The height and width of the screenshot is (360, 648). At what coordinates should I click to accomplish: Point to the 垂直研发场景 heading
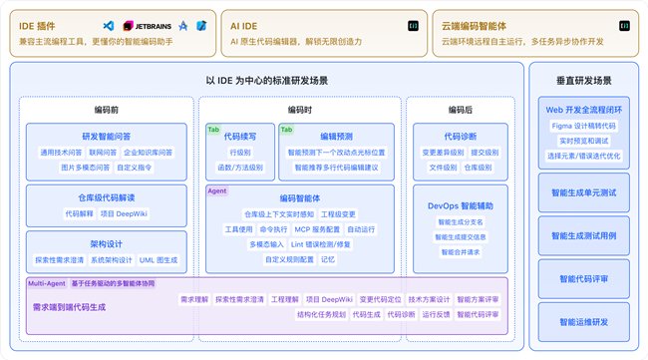(583, 79)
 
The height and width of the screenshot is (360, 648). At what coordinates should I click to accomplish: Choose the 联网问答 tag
(102, 153)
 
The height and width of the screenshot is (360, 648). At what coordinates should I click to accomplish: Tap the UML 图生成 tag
(159, 260)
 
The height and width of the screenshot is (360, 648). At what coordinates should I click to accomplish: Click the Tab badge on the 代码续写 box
(213, 130)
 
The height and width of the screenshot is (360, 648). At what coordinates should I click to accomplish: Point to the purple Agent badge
(217, 189)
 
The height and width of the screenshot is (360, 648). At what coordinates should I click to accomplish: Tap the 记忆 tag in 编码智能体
(328, 259)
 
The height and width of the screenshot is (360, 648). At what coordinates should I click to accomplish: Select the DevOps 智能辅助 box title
(460, 205)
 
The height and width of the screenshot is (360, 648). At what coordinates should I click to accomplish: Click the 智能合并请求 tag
(460, 252)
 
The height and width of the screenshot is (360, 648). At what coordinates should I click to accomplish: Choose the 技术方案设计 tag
(424, 299)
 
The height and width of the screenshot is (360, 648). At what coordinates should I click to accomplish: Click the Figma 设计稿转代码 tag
(582, 127)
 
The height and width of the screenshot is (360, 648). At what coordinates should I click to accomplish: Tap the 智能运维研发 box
(582, 322)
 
